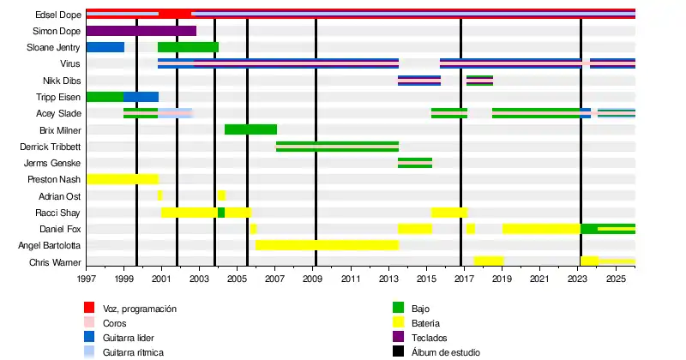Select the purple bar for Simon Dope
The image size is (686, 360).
pyautogui.click(x=141, y=31)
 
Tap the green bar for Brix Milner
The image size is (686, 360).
pyautogui.click(x=250, y=129)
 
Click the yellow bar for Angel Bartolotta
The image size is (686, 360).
pyautogui.click(x=327, y=245)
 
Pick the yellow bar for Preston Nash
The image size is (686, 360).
pyautogui.click(x=123, y=179)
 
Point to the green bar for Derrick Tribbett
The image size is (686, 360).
pyautogui.click(x=337, y=147)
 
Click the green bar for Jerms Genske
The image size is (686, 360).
pyautogui.click(x=415, y=163)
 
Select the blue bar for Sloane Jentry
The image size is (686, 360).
pyautogui.click(x=105, y=47)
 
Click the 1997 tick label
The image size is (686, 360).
pyautogui.click(x=87, y=279)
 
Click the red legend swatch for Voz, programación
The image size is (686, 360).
pyautogui.click(x=89, y=308)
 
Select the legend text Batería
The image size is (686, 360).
pyautogui.click(x=426, y=323)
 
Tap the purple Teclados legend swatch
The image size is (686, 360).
pyautogui.click(x=398, y=338)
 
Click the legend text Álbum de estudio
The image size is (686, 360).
pyautogui.click(x=446, y=352)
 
